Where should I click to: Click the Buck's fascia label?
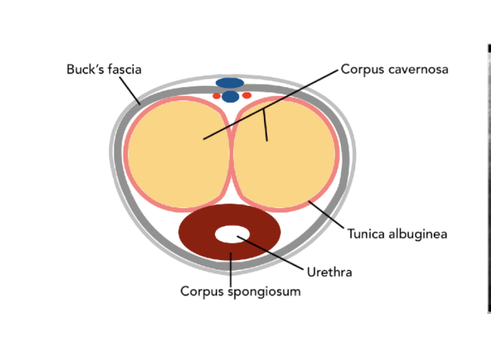click(104, 69)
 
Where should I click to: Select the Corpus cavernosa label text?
click(394, 69)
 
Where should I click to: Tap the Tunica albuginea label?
click(397, 234)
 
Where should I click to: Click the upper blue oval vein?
click(230, 83)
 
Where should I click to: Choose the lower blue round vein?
click(230, 97)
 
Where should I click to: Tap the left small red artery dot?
click(216, 96)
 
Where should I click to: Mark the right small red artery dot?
click(247, 95)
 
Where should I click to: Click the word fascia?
click(125, 69)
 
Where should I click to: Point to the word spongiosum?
click(260, 292)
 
